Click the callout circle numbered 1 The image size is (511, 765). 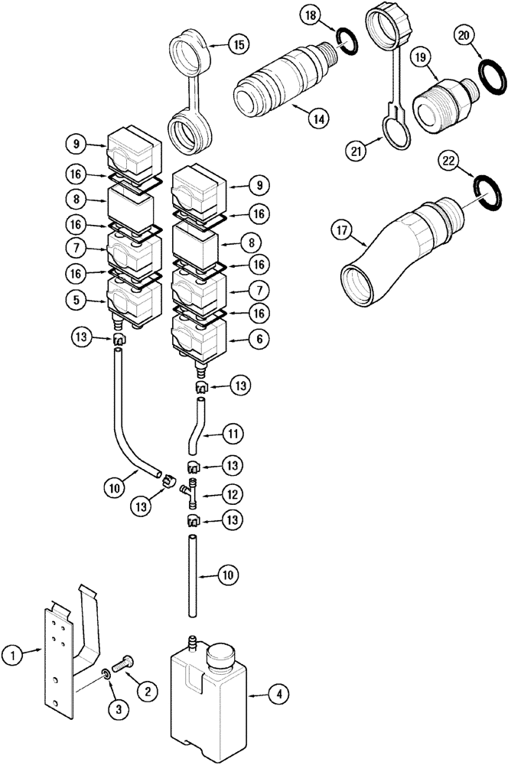12,654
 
